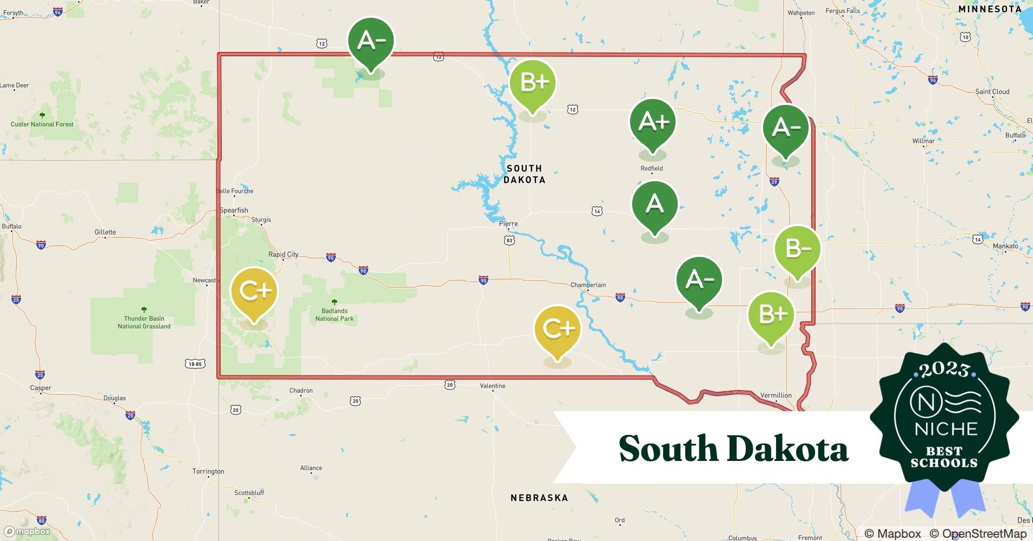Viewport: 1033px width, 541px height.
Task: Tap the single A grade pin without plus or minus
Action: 654,204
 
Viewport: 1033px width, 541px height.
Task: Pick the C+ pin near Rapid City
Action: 254,291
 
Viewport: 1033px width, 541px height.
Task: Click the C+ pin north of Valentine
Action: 557,328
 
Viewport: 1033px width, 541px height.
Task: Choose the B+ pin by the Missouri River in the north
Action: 533,83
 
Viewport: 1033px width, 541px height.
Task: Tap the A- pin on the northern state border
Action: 371,41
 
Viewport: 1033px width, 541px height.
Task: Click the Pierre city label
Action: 508,223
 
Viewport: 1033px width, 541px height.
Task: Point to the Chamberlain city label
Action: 588,285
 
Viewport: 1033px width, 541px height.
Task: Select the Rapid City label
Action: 283,254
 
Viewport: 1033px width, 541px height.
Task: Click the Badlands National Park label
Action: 334,315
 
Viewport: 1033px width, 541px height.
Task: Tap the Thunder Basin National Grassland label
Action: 144,322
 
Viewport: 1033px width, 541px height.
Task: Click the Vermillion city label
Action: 776,395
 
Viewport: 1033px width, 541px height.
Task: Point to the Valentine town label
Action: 492,386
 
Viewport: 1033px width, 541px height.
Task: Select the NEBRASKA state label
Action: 539,498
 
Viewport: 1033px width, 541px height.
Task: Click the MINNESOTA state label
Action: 989,9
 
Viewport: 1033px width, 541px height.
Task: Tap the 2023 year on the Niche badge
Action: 944,370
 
